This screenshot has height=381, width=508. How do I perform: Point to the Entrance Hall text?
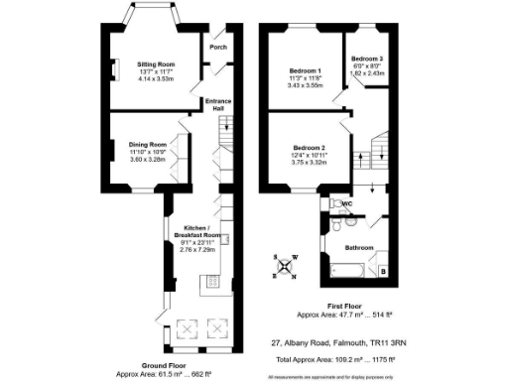pos(217,103)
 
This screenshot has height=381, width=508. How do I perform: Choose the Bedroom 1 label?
pos(305,70)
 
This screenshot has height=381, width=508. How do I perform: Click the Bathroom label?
pos(358,246)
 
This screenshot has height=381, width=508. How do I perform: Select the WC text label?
pos(348,203)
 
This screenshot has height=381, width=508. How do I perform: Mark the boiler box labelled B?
pos(384,269)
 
